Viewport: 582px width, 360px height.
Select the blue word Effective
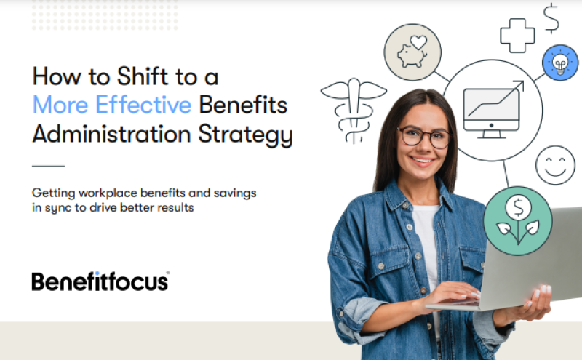[x=143, y=105]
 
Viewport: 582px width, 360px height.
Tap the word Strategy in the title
[x=245, y=135]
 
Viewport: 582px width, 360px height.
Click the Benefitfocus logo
[x=100, y=281]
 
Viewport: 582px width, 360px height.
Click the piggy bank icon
[x=412, y=52]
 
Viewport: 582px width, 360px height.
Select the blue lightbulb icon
[x=560, y=63]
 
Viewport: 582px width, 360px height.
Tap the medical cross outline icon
[x=517, y=36]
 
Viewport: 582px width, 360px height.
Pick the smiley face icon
[x=555, y=165]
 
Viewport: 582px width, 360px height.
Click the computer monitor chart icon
[x=493, y=111]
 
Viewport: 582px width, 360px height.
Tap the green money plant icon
[x=518, y=221]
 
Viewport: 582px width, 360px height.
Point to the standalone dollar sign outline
[x=551, y=19]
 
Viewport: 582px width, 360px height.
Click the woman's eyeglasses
[x=425, y=137]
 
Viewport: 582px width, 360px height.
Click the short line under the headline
[x=48, y=166]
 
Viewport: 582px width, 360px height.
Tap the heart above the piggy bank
[x=418, y=42]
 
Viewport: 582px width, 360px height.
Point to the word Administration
[x=111, y=134]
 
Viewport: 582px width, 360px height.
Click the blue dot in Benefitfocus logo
[x=97, y=273]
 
